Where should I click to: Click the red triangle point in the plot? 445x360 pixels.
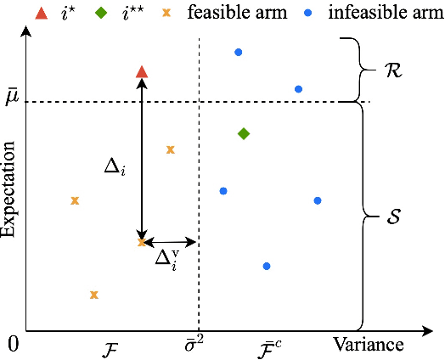[x=143, y=72]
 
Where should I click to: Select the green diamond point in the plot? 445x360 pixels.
[x=244, y=133]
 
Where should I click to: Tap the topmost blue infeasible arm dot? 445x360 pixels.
[x=238, y=53]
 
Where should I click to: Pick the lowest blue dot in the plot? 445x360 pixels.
[x=267, y=266]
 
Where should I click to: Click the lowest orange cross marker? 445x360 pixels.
[x=94, y=295]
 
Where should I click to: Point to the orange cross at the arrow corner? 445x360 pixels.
[x=142, y=243]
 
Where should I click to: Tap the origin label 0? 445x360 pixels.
[x=12, y=344]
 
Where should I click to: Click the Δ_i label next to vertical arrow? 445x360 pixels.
[x=115, y=168]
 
